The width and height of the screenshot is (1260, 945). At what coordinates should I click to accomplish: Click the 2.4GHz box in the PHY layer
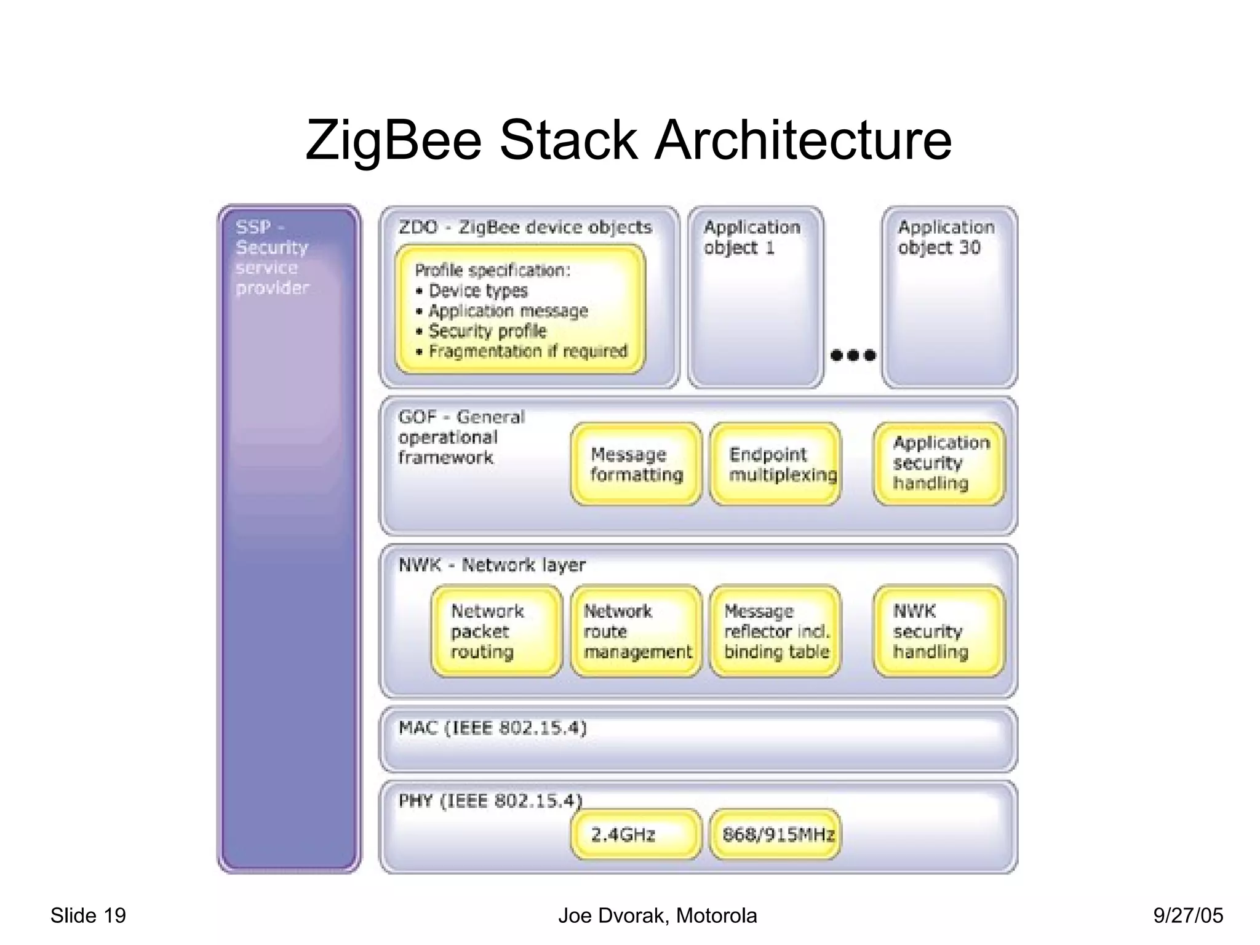point(636,834)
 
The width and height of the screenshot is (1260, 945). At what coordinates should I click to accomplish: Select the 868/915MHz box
point(775,834)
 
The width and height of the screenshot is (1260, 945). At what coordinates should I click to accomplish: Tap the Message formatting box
point(636,465)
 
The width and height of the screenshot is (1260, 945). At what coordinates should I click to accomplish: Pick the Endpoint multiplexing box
point(775,465)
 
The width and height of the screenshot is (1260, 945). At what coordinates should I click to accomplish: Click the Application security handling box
point(938,463)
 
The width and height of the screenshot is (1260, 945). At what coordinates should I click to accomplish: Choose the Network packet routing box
point(496,631)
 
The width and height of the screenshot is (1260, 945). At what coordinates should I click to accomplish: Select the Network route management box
point(636,631)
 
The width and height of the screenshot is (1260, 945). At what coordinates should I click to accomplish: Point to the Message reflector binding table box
point(775,631)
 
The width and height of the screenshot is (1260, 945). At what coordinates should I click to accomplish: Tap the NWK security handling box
point(938,631)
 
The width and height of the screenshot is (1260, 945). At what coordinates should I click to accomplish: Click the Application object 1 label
point(751,237)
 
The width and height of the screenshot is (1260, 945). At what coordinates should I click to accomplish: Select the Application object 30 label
point(946,237)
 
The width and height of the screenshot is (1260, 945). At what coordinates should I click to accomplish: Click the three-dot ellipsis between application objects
point(853,355)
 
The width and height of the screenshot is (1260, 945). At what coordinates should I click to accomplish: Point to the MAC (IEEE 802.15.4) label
point(492,728)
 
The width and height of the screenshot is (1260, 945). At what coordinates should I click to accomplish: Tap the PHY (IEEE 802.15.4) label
point(490,800)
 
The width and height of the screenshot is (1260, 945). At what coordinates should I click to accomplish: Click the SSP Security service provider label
point(271,257)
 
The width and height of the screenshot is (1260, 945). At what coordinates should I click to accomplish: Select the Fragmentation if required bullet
point(527,351)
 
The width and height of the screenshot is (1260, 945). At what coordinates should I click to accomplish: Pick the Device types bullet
point(477,290)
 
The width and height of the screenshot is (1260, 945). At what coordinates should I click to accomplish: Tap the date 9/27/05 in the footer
point(1187,915)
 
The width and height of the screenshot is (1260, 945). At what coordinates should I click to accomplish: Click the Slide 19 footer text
point(88,915)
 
